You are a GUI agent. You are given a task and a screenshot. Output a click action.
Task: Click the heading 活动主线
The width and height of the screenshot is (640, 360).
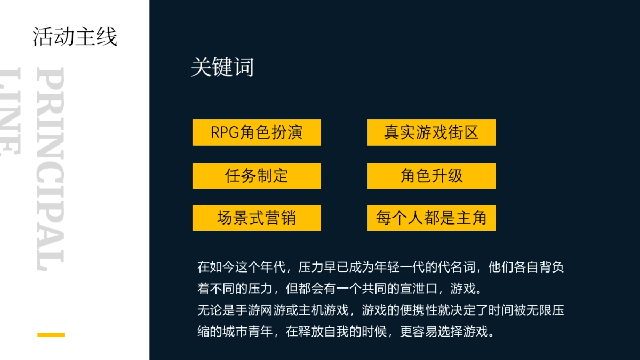(75, 37)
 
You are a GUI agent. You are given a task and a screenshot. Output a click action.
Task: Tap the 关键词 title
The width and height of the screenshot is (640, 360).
(222, 68)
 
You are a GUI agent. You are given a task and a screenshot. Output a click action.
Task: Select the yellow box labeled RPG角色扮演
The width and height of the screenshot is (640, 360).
(257, 132)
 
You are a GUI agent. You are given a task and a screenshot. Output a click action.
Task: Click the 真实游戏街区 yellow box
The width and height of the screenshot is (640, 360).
(431, 132)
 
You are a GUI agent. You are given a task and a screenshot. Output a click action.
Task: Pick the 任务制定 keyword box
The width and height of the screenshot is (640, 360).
(257, 175)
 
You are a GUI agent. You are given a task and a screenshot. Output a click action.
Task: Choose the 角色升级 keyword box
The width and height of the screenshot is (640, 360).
(431, 175)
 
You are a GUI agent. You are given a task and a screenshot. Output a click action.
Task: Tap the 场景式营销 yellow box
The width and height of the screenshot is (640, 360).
(257, 218)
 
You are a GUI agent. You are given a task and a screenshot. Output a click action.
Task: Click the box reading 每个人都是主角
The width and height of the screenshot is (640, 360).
(431, 218)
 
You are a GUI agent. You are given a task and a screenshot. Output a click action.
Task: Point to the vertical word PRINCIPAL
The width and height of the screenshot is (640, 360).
(51, 168)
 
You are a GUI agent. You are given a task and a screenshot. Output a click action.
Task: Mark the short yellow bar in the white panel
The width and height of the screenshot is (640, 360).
(51, 335)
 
